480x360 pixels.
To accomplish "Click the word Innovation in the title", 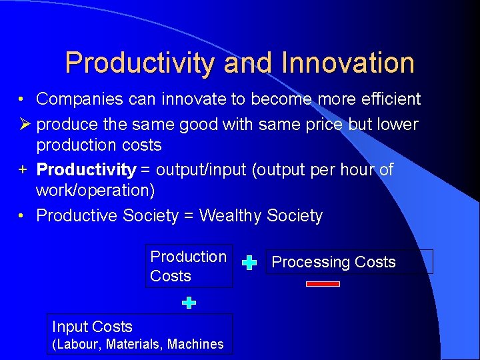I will coord(347,63).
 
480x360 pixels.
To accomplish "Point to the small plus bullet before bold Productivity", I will coord(23,169).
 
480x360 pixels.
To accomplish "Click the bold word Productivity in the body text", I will coord(85,170).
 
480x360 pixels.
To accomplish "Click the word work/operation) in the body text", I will coord(95,191).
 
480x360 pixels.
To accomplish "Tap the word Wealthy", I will coord(230,216).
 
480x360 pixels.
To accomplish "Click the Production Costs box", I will coord(189,266).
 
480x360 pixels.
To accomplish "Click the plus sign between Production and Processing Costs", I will coord(249,263).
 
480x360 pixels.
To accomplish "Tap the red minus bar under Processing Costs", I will coord(323,284).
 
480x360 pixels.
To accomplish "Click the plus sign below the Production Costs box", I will coord(189,303).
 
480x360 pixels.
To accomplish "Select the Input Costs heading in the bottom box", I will coord(92,327).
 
